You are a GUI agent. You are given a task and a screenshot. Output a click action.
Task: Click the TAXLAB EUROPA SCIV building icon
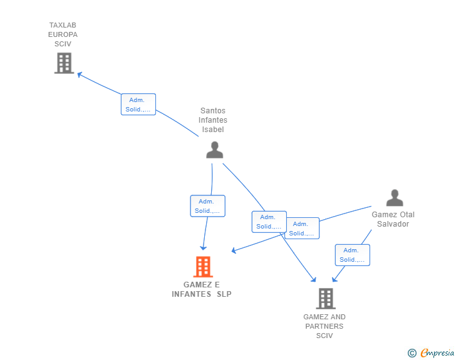click(x=64, y=63)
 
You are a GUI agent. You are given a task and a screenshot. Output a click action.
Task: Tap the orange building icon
click(x=203, y=267)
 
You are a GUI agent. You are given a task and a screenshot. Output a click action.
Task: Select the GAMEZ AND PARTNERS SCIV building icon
click(x=326, y=299)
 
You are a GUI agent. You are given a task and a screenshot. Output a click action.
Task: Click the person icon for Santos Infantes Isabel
click(x=215, y=150)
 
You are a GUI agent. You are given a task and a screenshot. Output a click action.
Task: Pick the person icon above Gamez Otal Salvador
click(x=395, y=198)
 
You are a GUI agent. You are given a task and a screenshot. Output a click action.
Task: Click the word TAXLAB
click(x=63, y=25)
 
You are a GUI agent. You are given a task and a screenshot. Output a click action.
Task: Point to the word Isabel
click(x=213, y=130)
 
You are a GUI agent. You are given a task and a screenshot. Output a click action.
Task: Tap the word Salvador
click(x=393, y=224)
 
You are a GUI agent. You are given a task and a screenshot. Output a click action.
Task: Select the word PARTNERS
click(x=324, y=326)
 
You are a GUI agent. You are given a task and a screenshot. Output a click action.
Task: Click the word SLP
click(x=224, y=294)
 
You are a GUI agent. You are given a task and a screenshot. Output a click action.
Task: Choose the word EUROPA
click(x=63, y=34)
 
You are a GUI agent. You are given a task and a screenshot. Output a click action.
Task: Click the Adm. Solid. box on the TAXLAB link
click(x=138, y=105)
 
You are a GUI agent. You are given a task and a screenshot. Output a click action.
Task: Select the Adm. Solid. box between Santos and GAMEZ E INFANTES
click(x=208, y=206)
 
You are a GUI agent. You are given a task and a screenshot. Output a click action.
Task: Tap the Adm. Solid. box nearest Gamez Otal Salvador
click(x=353, y=255)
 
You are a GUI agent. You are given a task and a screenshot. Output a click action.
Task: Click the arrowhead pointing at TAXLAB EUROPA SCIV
click(x=80, y=75)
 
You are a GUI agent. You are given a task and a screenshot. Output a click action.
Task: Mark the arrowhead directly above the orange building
click(x=204, y=248)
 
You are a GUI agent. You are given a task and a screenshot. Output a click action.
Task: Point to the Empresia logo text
click(x=437, y=352)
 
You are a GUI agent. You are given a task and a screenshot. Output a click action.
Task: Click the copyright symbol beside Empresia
click(x=412, y=353)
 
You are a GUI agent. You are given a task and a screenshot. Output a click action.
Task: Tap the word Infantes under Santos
click(x=213, y=120)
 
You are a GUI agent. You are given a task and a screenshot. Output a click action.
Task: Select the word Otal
click(x=407, y=215)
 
